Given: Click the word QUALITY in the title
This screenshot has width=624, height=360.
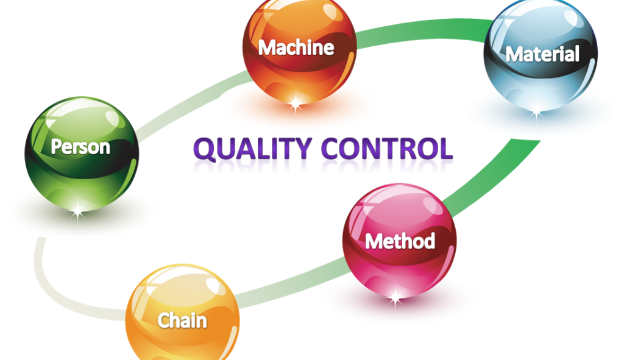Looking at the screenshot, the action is [x=252, y=149].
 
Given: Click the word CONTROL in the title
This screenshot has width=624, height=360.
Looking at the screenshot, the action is [x=387, y=149].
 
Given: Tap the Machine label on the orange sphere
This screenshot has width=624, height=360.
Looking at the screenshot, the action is [x=296, y=48].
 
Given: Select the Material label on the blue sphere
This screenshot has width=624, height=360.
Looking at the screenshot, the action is [x=542, y=54].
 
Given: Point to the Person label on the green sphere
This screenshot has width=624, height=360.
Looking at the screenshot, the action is [x=80, y=147].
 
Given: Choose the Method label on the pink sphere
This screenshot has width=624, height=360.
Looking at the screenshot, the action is [x=400, y=241].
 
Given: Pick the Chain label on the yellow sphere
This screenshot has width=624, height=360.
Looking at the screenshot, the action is [x=182, y=320].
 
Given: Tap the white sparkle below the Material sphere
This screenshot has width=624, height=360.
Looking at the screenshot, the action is [x=536, y=113].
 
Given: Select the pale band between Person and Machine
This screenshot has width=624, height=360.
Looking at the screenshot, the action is [x=190, y=104].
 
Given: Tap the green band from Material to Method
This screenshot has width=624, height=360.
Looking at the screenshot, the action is [x=494, y=174].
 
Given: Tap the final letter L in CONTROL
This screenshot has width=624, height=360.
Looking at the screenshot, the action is [x=446, y=149].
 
